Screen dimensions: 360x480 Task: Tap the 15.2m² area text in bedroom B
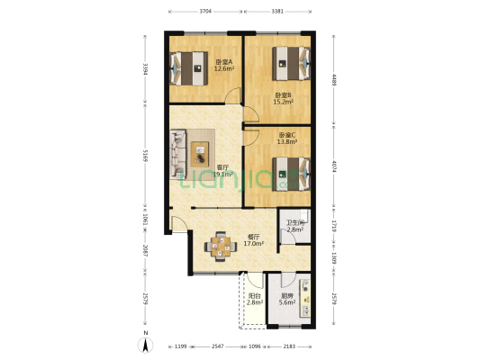click(x=283, y=102)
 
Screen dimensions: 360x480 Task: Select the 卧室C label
click(x=287, y=135)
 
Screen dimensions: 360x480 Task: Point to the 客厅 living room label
click(x=222, y=167)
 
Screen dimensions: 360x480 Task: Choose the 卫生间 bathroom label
click(x=295, y=223)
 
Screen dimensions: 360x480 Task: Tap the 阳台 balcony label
click(x=254, y=295)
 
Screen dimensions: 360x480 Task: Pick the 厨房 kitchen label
click(x=287, y=295)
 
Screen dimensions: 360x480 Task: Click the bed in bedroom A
click(x=191, y=66)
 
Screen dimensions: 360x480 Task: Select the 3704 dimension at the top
click(x=205, y=12)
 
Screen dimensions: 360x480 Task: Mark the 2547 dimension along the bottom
click(x=218, y=346)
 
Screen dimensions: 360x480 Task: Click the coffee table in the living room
click(x=201, y=150)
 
